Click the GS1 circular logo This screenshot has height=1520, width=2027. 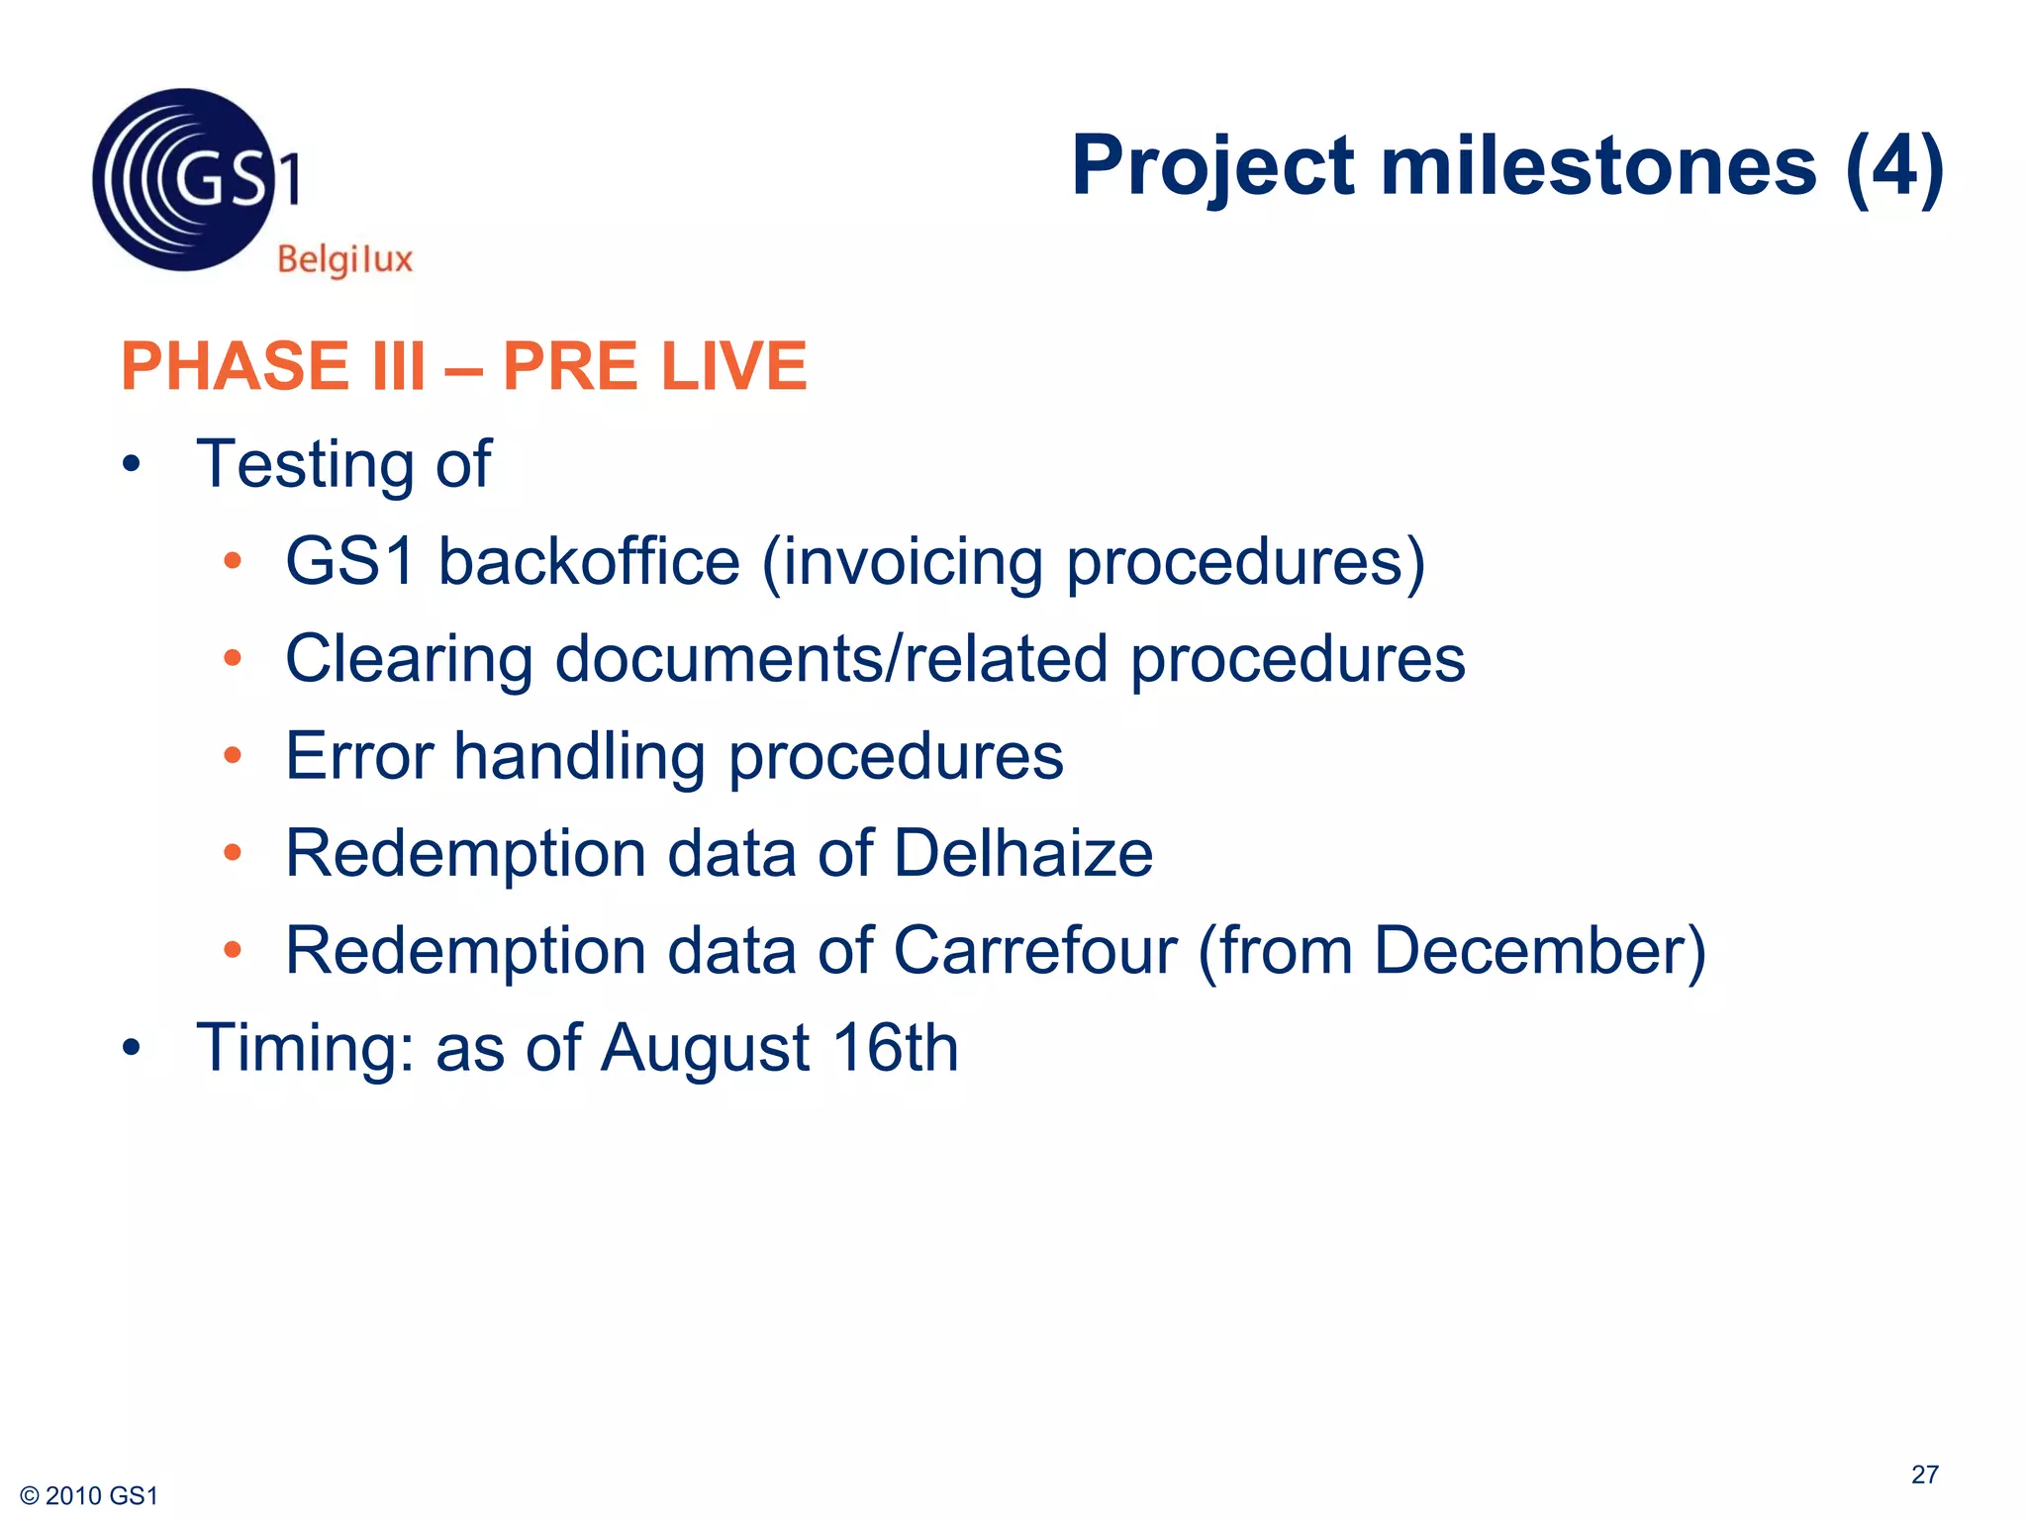coord(184,180)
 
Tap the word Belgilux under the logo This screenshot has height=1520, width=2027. coord(344,259)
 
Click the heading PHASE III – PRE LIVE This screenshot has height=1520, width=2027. coord(463,366)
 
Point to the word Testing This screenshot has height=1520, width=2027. coord(305,465)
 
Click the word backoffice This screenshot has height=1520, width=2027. coord(589,562)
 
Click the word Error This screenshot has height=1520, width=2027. coord(359,756)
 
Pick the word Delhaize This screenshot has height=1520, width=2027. coord(1023,853)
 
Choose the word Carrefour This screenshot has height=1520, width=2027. coord(1035,950)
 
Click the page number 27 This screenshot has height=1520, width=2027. coord(1924,1474)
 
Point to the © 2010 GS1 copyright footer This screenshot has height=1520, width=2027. coord(89,1495)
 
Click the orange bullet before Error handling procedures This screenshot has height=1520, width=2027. coord(233,756)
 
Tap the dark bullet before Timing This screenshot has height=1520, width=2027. coord(132,1048)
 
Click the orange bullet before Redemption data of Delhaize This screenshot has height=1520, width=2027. coord(233,853)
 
